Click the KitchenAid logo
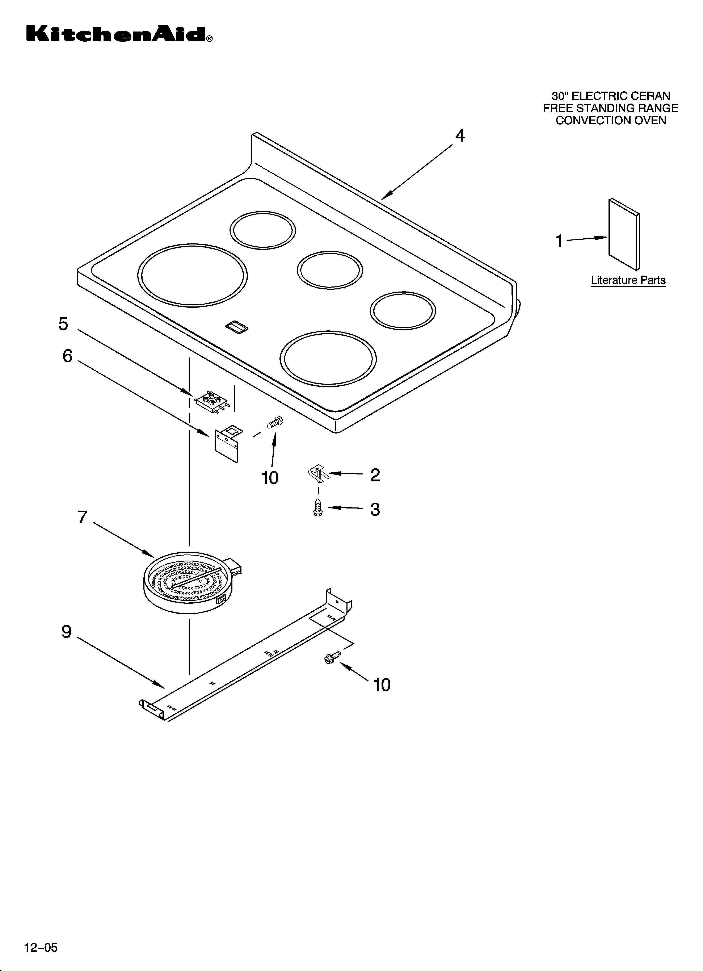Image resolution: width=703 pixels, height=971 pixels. [x=119, y=34]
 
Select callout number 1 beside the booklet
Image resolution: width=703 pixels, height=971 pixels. [x=559, y=241]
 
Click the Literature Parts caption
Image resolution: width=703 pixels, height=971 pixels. [x=628, y=280]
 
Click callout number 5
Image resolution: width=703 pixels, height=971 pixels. [x=63, y=324]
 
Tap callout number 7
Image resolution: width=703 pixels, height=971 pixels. [x=83, y=517]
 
